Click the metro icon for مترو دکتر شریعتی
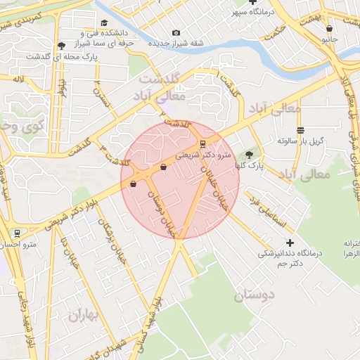tap(203, 143)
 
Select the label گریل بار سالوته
tap(300, 141)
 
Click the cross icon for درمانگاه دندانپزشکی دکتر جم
tap(290, 243)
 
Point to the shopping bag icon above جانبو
tap(330, 29)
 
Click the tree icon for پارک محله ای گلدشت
tap(61, 45)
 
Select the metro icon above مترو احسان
tap(17, 233)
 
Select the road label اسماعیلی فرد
tap(268, 212)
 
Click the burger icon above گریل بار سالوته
tap(300, 130)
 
